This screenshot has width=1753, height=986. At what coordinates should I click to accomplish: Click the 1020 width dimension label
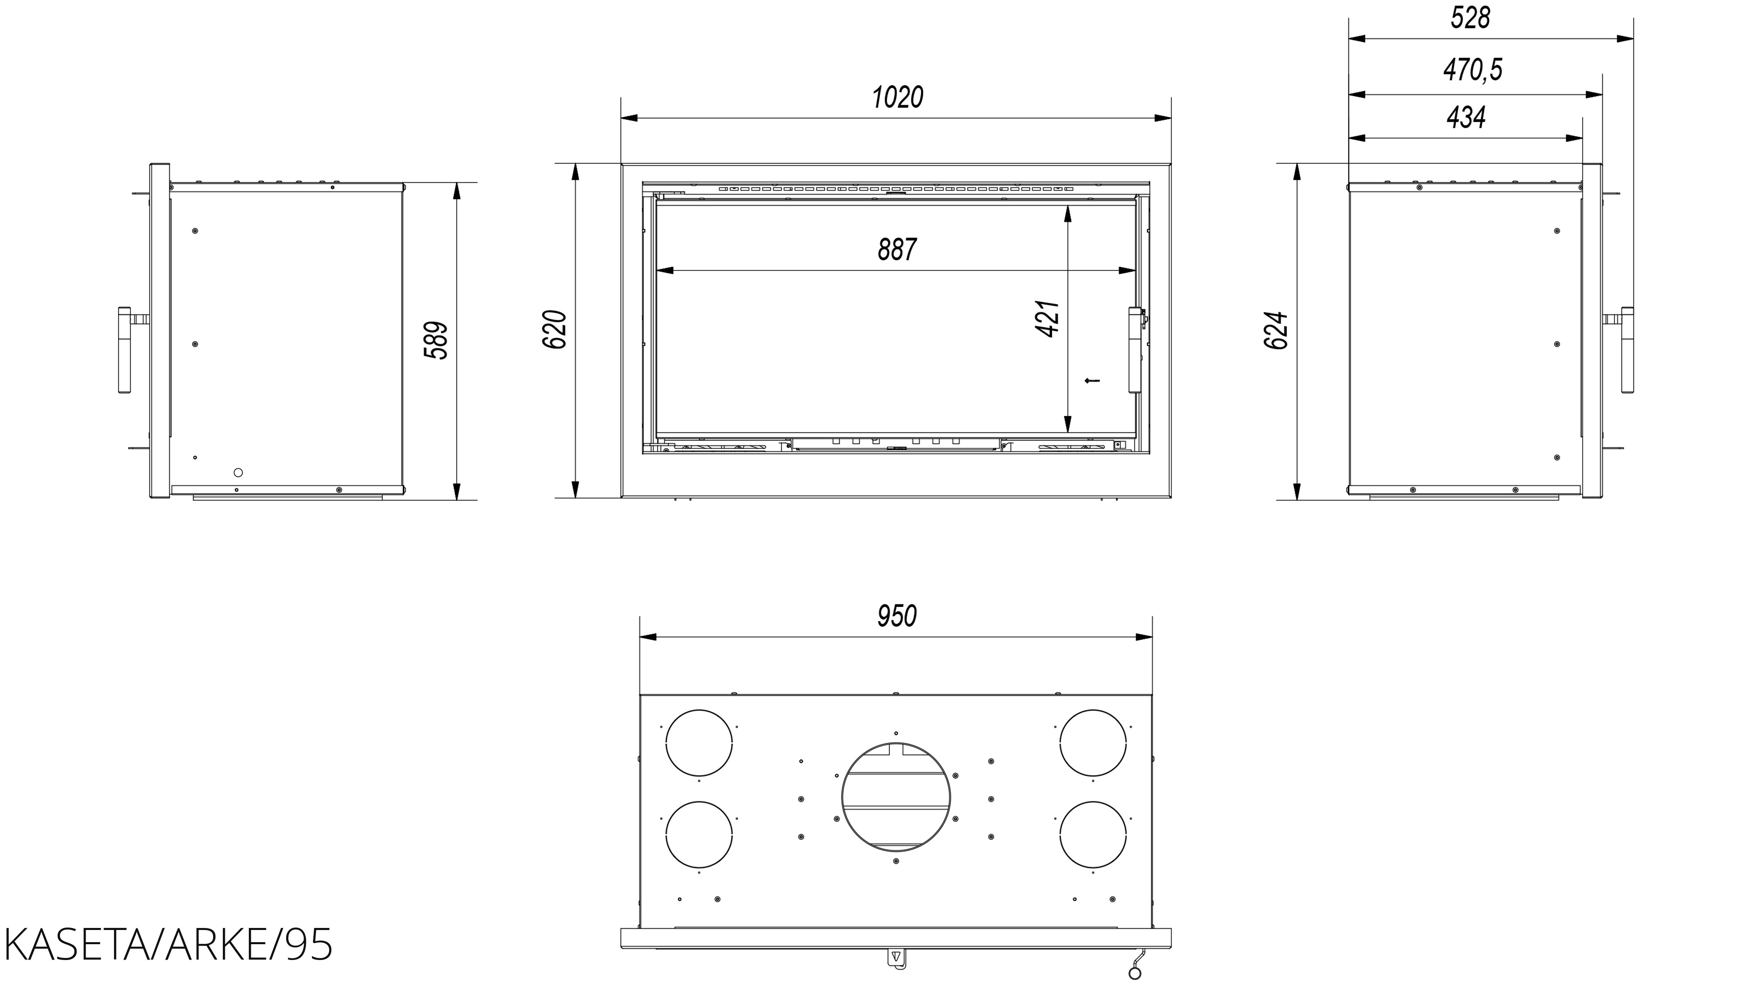(897, 97)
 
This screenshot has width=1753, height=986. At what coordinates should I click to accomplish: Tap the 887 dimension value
(897, 250)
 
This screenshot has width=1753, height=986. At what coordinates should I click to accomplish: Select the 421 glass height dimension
(1048, 319)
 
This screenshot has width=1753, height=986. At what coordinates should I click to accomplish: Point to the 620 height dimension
(555, 329)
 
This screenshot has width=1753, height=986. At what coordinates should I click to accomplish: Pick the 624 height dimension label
(1276, 331)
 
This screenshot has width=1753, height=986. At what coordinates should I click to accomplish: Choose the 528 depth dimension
(1470, 18)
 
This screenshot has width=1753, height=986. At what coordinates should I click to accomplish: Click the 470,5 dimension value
(1473, 69)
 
